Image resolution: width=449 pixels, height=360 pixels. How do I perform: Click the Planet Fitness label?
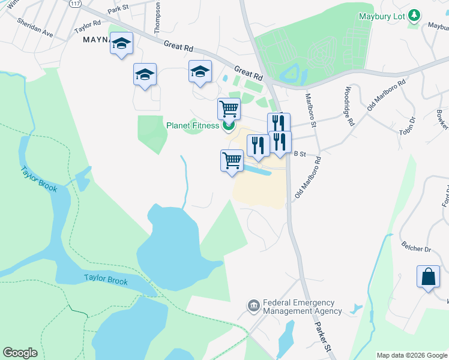click(194, 125)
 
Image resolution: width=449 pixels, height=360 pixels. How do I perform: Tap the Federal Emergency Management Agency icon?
click(253, 306)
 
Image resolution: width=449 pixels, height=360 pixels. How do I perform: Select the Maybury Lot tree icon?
click(414, 16)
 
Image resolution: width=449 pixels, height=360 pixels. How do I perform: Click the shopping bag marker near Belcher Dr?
click(428, 277)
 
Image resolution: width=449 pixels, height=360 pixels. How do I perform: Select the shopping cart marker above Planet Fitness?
click(229, 109)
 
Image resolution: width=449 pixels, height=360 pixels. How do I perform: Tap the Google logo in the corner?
click(20, 353)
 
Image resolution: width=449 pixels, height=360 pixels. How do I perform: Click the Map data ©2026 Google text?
click(412, 355)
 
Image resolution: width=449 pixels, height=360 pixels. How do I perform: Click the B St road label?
click(300, 154)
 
